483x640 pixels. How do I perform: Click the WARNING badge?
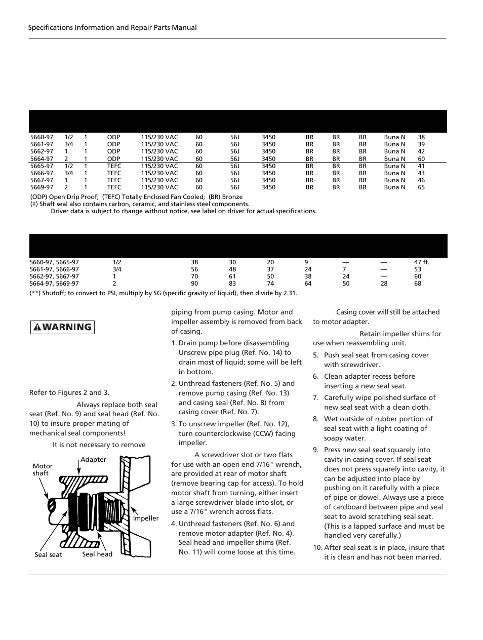[x=63, y=327]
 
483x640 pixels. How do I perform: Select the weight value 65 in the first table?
[x=421, y=187]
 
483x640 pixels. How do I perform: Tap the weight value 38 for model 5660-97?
[x=421, y=137]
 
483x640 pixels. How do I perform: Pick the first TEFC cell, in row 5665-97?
[x=114, y=166]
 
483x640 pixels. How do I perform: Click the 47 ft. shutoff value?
[x=421, y=262]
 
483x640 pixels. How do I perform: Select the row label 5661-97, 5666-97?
[x=54, y=269]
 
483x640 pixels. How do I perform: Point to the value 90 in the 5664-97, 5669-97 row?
[x=194, y=284]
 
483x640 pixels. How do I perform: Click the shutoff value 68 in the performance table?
[x=418, y=284]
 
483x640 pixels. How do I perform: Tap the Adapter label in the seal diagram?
[x=94, y=460]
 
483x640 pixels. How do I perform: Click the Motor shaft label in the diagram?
[x=43, y=469]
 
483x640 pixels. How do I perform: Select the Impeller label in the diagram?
[x=146, y=518]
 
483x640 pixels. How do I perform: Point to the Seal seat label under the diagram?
[x=49, y=554]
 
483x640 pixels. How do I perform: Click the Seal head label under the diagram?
[x=97, y=554]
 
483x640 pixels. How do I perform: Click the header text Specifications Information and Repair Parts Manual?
[x=112, y=27]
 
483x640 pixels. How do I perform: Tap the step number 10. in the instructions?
[x=317, y=547]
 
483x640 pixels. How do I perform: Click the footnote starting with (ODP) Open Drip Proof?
[x=136, y=197]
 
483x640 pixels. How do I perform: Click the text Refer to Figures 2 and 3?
[x=69, y=392]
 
